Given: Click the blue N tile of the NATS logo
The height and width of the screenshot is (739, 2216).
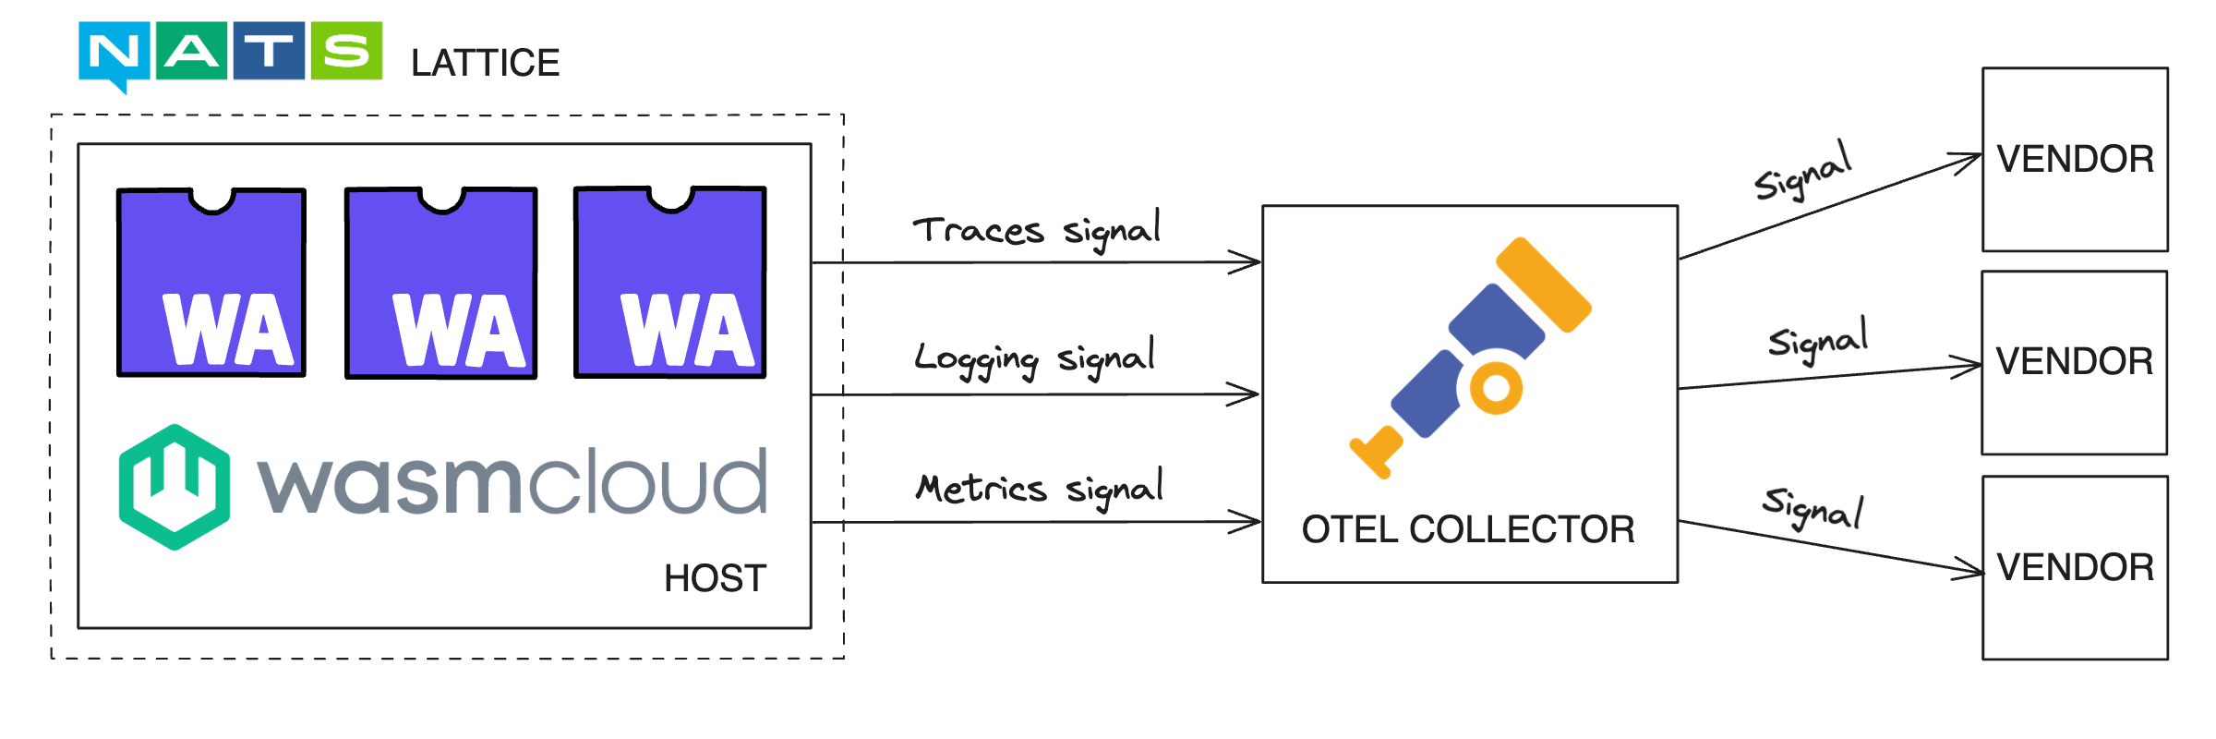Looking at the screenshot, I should [x=114, y=52].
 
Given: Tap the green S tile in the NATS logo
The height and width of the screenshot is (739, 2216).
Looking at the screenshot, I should [x=346, y=51].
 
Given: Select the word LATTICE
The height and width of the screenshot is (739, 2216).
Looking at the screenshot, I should [x=485, y=63].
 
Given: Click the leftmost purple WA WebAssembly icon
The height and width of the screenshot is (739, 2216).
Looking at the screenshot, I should [x=211, y=283].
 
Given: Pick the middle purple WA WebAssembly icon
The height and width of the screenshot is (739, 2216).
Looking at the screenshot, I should [x=440, y=283].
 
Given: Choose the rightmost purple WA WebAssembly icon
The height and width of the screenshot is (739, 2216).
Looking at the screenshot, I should [x=669, y=283].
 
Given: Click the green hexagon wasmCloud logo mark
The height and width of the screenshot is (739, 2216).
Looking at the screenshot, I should [x=174, y=487].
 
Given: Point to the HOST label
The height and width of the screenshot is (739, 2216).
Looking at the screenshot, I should [x=715, y=578].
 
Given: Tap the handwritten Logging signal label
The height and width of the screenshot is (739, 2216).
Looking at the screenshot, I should [x=1034, y=358].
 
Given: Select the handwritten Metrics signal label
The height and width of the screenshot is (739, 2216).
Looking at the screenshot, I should [x=1039, y=488].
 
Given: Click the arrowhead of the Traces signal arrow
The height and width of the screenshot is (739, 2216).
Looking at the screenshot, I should [x=1251, y=262].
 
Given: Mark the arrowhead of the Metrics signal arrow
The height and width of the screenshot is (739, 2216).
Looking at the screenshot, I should [x=1251, y=522].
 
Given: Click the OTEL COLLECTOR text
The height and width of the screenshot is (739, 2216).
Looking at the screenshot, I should [x=1468, y=529].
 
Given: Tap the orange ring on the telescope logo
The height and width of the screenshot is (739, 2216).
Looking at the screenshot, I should [x=1496, y=388].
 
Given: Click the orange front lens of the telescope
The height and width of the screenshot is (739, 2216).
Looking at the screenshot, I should [x=1543, y=284].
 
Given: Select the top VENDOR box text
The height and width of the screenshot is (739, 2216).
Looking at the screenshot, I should [x=2075, y=159].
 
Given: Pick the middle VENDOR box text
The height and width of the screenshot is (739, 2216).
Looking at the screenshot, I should [x=2074, y=361].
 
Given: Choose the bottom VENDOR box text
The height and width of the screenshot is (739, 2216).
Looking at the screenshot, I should [x=2075, y=567].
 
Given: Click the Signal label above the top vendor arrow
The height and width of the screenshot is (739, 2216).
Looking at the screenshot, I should [x=1803, y=172].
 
